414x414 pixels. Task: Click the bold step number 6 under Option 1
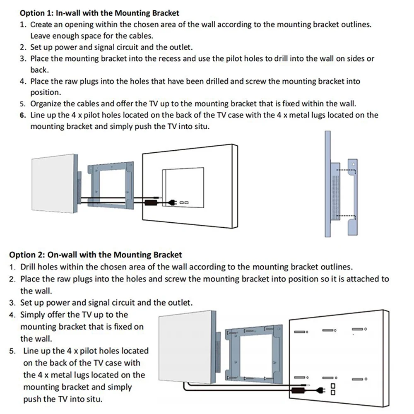click(x=23, y=115)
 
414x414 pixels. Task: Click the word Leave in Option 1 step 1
click(x=40, y=36)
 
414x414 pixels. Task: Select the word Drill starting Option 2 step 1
click(x=29, y=267)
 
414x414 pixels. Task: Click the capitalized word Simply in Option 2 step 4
click(x=33, y=315)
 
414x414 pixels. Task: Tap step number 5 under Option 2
click(x=13, y=351)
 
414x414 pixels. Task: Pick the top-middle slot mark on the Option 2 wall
click(x=329, y=330)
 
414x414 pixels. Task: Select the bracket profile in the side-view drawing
click(x=351, y=195)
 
